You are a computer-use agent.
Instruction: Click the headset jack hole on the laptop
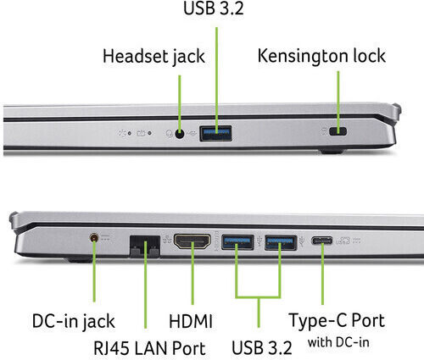click(180, 134)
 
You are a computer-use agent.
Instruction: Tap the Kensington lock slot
click(338, 131)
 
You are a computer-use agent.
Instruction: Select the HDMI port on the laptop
click(192, 241)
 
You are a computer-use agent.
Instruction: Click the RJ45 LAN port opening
click(145, 246)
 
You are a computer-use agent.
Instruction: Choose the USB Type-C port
click(322, 241)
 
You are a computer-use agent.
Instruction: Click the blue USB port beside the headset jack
click(216, 133)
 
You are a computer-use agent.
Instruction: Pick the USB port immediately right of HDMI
click(237, 242)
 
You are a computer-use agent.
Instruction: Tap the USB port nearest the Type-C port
click(281, 242)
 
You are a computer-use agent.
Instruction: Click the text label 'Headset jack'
click(153, 57)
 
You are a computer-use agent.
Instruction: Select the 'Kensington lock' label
click(321, 56)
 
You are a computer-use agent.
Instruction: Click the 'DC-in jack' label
click(74, 321)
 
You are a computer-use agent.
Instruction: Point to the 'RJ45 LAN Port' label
click(149, 348)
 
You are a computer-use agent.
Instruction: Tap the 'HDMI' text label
click(191, 321)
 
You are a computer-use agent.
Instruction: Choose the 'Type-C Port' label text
click(337, 321)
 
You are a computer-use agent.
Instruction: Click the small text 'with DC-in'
click(338, 342)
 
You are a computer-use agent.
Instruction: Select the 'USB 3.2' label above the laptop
click(214, 8)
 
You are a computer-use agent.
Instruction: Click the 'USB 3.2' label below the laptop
click(262, 347)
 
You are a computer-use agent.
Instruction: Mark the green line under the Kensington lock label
click(338, 101)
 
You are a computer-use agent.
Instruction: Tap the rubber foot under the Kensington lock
click(332, 152)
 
